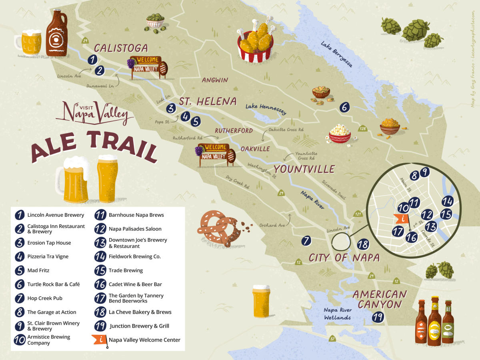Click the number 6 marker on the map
coord(344,107)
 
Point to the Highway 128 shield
coord(362,128)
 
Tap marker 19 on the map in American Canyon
coord(378,318)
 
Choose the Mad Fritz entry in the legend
coord(38,270)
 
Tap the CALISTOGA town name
coord(121,48)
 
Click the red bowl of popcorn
coord(340,133)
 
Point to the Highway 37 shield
coord(332,340)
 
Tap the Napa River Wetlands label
coord(338,314)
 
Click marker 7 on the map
coord(306,241)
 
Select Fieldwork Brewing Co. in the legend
coord(134,256)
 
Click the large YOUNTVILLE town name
coord(304,169)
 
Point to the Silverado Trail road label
coord(334,189)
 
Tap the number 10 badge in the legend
coord(19,340)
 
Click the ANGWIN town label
coord(215,80)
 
